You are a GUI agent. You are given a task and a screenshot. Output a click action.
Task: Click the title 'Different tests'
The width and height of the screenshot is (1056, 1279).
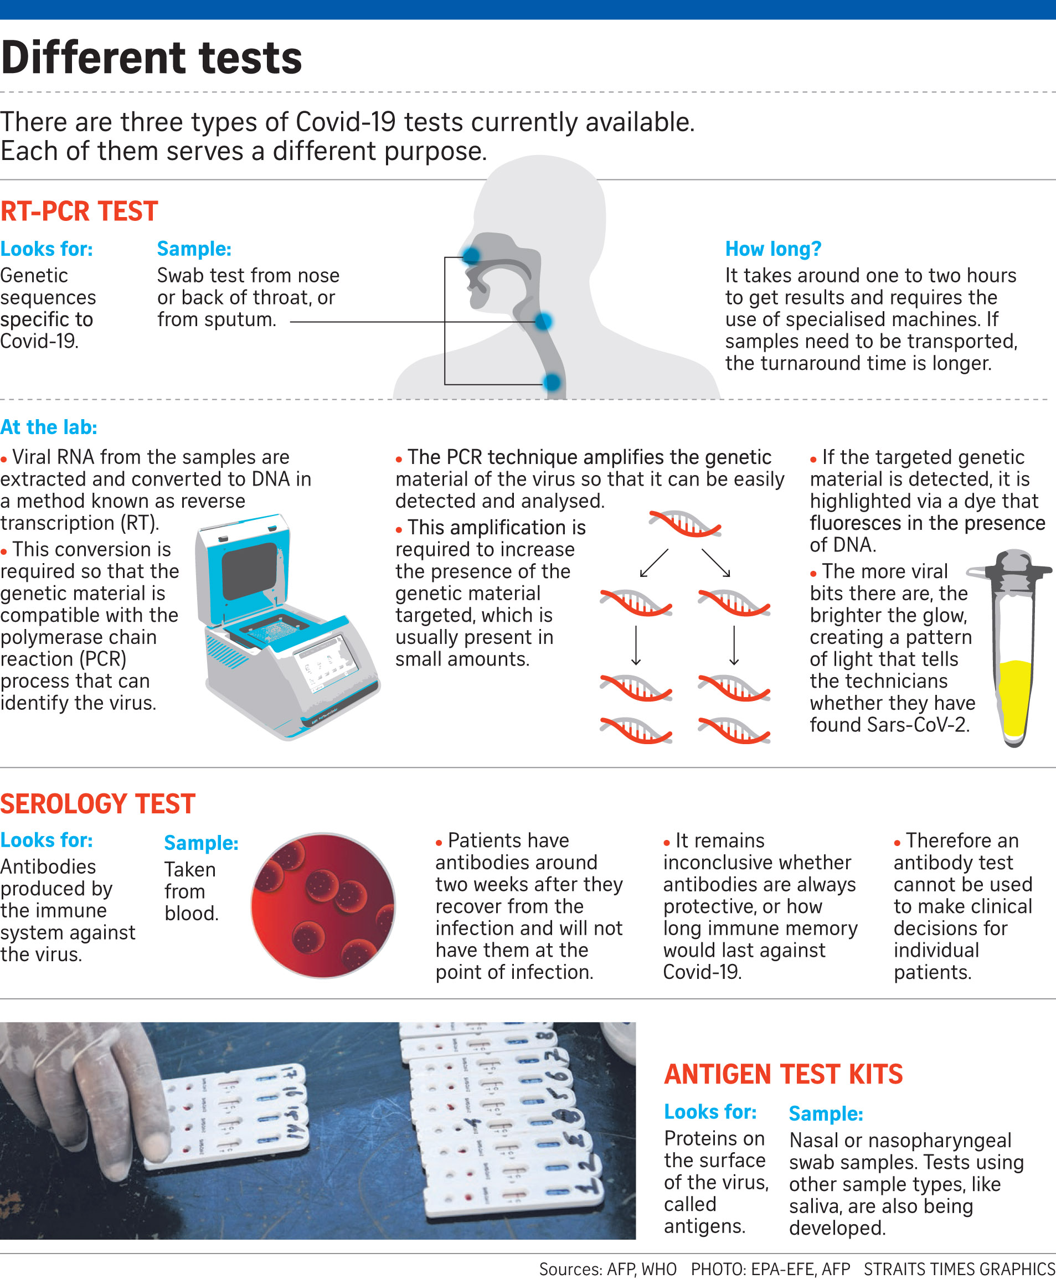click(x=152, y=58)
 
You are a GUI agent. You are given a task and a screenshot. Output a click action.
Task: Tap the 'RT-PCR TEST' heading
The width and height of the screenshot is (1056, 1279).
click(x=79, y=211)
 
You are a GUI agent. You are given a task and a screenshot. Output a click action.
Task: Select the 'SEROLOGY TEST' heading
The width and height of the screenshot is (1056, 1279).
click(x=97, y=803)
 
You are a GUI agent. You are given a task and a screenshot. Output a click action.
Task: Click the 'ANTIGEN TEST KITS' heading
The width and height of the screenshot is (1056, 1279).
click(x=783, y=1074)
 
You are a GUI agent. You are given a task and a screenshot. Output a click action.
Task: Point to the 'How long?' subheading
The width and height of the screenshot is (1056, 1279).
click(x=773, y=249)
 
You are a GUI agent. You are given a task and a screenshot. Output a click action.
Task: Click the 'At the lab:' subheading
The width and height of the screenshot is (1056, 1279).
click(x=49, y=427)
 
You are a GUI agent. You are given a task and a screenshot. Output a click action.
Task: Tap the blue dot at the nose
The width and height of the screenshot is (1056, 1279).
click(x=471, y=255)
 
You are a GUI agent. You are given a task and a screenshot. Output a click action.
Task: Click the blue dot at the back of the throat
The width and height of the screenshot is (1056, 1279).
click(x=543, y=321)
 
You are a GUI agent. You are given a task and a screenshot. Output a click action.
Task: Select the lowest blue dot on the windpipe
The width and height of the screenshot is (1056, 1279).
click(x=552, y=383)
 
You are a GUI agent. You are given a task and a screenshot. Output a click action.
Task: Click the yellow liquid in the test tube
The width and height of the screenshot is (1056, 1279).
click(x=1015, y=698)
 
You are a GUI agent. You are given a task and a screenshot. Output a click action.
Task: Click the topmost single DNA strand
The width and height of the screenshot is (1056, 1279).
click(x=685, y=524)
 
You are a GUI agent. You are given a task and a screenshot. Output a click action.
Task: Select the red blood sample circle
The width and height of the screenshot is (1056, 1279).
click(x=323, y=906)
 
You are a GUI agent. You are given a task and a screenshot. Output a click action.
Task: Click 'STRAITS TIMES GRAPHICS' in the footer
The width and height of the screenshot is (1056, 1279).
click(x=959, y=1268)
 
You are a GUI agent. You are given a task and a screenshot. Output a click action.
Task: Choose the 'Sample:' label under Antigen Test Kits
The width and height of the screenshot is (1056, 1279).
click(x=826, y=1113)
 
